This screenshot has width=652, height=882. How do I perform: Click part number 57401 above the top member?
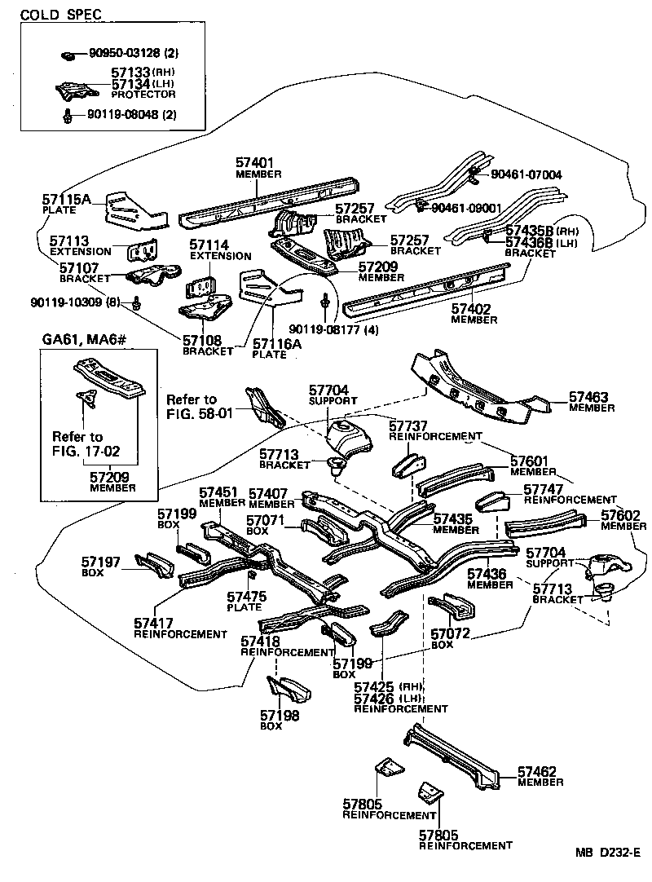[258, 163]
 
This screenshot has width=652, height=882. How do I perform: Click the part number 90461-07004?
[526, 174]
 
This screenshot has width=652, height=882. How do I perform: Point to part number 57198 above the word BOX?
[280, 716]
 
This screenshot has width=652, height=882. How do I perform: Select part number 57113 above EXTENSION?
[69, 241]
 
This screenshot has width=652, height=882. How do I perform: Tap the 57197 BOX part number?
[101, 562]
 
